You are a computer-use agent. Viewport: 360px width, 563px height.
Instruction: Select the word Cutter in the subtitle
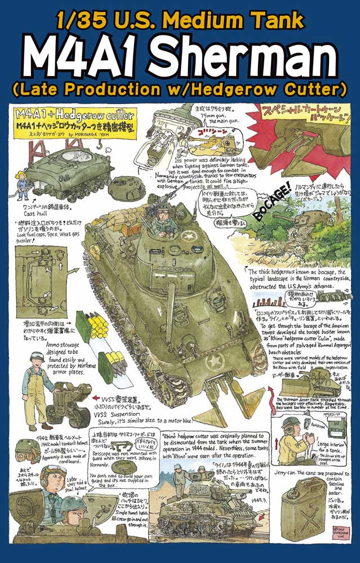click(x=313, y=89)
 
